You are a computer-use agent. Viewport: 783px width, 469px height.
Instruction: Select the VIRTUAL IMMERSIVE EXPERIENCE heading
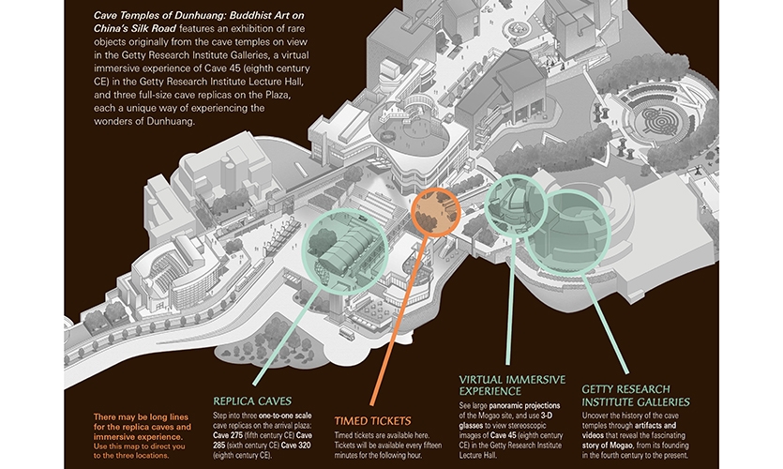[511, 385]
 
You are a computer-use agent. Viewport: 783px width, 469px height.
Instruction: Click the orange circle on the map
[434, 211]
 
